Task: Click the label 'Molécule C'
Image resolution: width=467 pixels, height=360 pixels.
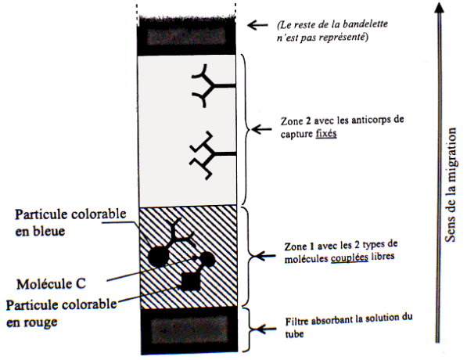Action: (x=51, y=284)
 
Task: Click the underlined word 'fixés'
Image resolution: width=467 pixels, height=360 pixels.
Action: (x=326, y=133)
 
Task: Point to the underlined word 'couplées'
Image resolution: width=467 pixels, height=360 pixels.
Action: (x=350, y=257)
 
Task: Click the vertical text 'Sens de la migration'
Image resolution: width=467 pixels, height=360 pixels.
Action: (x=450, y=185)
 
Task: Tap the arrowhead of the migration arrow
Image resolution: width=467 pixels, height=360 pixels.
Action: (x=439, y=8)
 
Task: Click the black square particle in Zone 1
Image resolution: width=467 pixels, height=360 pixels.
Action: (x=191, y=281)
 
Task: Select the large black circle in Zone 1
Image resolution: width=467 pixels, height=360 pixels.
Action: (x=158, y=257)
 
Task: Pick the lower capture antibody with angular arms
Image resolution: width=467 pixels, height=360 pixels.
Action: (x=212, y=155)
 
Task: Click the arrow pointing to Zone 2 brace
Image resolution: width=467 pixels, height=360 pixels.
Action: (x=261, y=129)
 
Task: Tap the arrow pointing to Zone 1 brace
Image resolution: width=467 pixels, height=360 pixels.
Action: (x=265, y=256)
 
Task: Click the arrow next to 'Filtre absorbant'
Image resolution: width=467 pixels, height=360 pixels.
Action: (x=266, y=329)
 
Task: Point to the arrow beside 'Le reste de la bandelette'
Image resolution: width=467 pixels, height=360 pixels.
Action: (x=257, y=25)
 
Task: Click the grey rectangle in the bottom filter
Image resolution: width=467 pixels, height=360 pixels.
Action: (x=189, y=330)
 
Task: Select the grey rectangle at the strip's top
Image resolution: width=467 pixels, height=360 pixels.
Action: (x=186, y=36)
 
